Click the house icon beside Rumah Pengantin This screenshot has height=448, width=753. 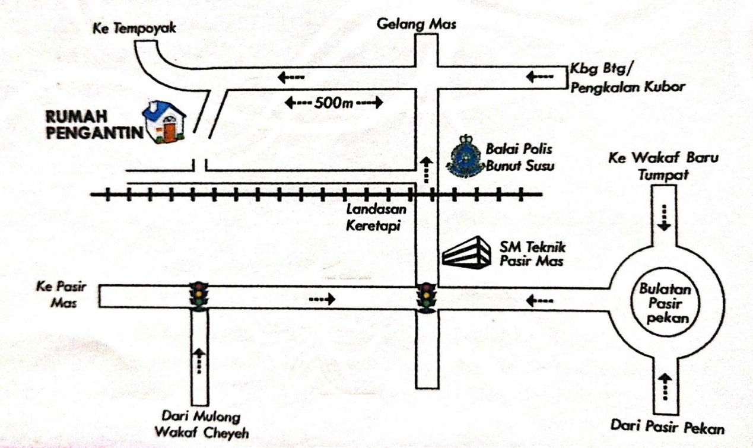pyautogui.click(x=164, y=122)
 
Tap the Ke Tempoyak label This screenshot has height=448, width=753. pyautogui.click(x=134, y=28)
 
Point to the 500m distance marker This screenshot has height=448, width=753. pyautogui.click(x=334, y=103)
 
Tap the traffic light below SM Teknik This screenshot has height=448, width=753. pyautogui.click(x=425, y=297)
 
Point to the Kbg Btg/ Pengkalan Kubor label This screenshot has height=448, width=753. pyautogui.click(x=627, y=77)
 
